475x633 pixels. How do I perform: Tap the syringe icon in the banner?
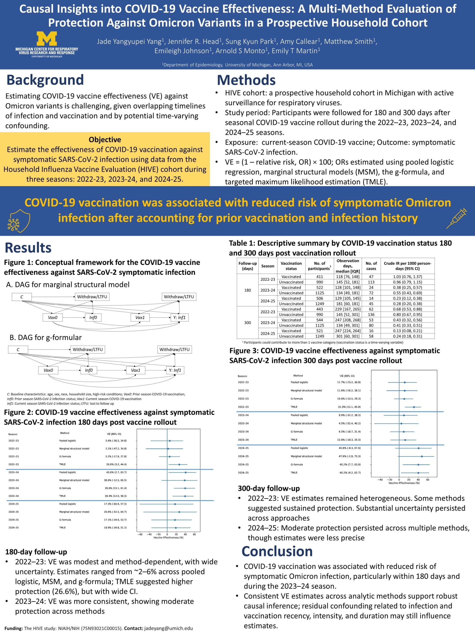point(456,218)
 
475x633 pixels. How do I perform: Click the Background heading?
point(45,80)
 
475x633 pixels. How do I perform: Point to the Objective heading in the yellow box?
point(105,140)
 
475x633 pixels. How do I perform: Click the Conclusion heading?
point(277,551)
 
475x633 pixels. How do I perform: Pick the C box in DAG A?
point(22,297)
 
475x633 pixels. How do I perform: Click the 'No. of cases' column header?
point(371,266)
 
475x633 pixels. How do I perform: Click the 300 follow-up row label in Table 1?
point(248,322)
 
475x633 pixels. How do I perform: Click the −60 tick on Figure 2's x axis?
point(140,534)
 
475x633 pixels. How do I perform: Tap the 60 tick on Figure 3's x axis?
point(428,480)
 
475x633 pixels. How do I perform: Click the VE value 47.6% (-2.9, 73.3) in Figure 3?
point(349,456)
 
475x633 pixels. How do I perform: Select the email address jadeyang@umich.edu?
point(168,628)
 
